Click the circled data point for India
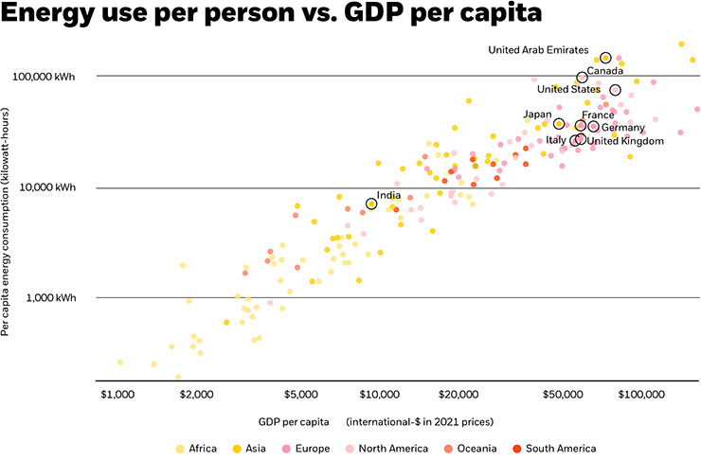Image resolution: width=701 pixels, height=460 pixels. point(371,203)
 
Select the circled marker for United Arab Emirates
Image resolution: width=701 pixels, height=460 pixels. point(606,58)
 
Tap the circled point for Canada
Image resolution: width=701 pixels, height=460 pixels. point(582,78)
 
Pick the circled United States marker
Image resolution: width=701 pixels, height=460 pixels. point(615,90)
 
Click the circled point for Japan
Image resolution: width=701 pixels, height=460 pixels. point(559,123)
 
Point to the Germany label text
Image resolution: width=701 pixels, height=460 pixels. point(623,128)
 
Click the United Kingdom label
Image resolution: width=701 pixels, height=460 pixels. point(626,141)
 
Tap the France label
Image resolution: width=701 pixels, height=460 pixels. point(597,115)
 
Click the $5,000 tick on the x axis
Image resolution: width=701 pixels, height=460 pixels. point(299,392)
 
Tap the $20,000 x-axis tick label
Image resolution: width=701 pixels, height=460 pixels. point(457,392)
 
